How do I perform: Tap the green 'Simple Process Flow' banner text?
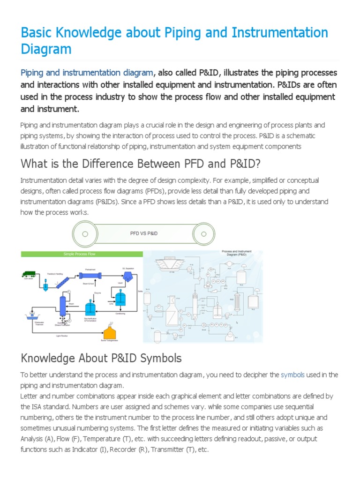(x=82, y=254)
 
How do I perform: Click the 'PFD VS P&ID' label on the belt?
(x=144, y=233)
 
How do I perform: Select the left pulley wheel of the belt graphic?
(x=84, y=233)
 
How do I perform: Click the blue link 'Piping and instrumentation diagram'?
(x=87, y=73)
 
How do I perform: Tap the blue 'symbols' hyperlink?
(x=292, y=375)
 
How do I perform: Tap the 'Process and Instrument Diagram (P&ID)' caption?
(x=236, y=254)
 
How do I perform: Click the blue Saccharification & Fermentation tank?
(x=90, y=307)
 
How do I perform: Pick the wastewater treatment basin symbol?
(x=31, y=315)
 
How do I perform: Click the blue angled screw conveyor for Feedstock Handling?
(x=63, y=284)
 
